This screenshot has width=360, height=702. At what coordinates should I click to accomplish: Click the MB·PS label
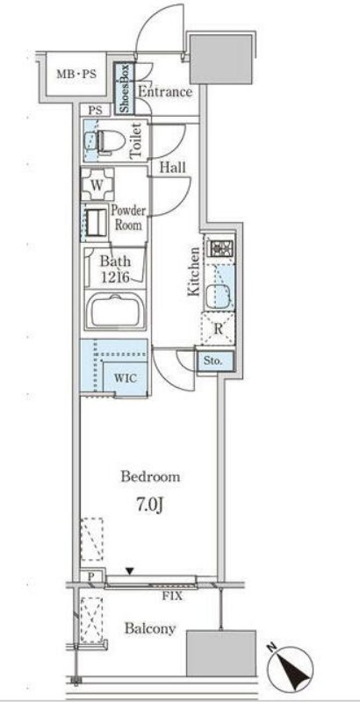tap(76, 75)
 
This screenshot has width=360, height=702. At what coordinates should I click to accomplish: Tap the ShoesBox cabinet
tap(125, 89)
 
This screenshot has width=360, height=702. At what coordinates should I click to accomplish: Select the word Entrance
tap(165, 92)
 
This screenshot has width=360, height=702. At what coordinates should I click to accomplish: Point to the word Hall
tap(172, 168)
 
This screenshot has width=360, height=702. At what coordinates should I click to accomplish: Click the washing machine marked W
tap(97, 183)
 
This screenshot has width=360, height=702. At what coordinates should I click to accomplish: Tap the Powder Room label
tap(128, 217)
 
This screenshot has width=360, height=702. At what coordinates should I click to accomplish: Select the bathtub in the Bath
tap(116, 311)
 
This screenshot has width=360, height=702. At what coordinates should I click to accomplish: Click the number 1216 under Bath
tap(115, 277)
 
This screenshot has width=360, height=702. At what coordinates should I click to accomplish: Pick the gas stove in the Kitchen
tap(220, 248)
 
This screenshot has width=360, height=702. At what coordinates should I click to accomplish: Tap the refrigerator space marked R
tap(218, 328)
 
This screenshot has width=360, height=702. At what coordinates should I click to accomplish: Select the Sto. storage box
tap(215, 361)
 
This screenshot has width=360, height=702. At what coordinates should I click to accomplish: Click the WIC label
tap(126, 378)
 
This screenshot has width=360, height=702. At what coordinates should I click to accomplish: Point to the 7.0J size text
tap(148, 506)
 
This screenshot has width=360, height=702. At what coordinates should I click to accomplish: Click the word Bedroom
tap(150, 476)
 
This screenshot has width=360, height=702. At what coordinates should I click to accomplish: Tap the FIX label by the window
tap(173, 596)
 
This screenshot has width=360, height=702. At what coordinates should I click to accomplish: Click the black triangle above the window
tap(130, 571)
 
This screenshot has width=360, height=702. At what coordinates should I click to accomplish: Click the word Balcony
tap(149, 629)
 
